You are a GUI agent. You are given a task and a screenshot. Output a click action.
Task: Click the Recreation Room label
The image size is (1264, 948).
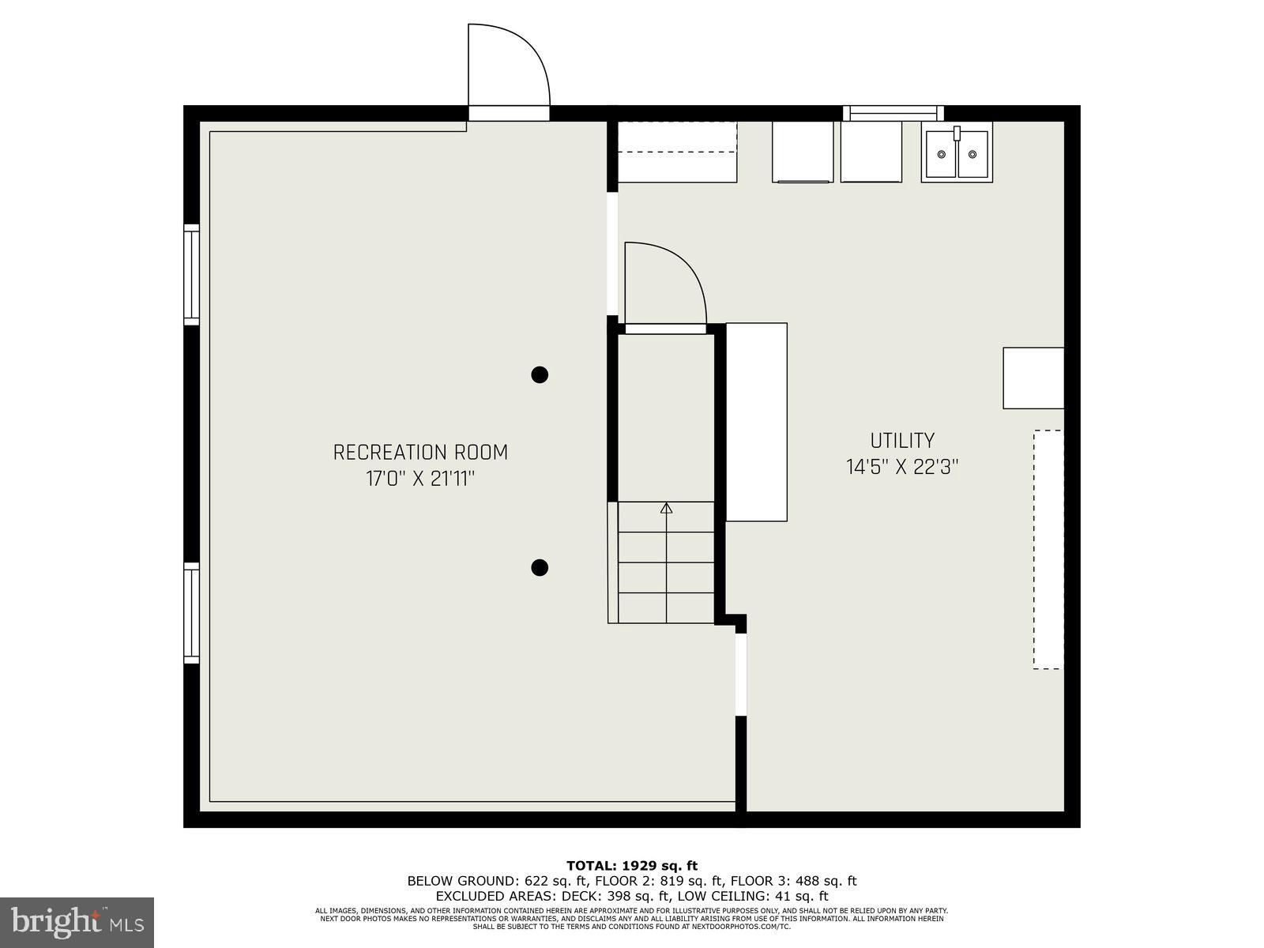tap(420, 453)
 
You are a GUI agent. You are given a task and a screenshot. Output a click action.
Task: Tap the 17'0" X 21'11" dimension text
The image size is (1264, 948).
tap(420, 479)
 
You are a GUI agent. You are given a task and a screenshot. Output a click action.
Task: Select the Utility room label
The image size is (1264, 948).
tap(902, 441)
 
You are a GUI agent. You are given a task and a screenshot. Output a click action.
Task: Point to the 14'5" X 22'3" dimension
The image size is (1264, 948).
tap(902, 467)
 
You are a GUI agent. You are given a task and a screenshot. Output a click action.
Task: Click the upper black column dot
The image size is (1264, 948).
tap(540, 374)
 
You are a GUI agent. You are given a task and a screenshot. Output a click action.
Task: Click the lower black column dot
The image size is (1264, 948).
tap(540, 566)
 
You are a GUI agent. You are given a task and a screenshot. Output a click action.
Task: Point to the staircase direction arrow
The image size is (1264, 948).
tap(666, 510)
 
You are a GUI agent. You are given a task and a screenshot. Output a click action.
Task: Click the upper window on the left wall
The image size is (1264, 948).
tap(192, 274)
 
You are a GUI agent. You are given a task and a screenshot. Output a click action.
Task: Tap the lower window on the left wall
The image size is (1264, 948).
tap(192, 612)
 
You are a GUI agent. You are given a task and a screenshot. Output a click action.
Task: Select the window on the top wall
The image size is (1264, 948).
tap(893, 113)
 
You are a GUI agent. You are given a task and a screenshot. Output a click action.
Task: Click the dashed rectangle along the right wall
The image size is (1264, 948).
tap(1048, 549)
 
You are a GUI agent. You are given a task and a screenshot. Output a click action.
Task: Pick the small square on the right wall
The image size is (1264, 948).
tap(1033, 378)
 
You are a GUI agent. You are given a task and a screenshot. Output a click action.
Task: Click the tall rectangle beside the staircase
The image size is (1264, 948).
tap(756, 422)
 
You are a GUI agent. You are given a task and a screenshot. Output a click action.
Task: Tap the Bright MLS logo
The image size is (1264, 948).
tap(77, 922)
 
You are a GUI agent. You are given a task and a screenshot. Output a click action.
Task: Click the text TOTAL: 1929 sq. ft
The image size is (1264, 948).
tap(631, 866)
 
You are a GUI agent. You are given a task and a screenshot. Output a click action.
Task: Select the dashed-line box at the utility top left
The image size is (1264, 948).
tap(677, 152)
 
